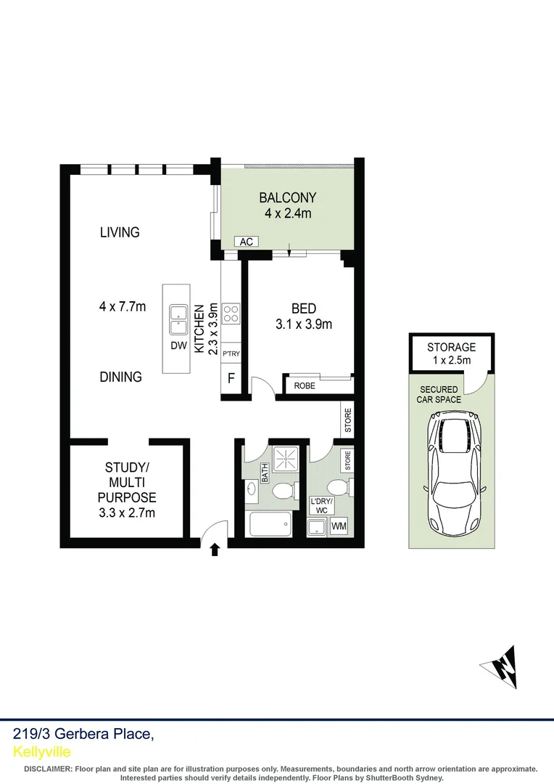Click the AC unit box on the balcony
(247, 242)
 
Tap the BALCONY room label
(288, 197)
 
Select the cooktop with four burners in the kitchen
(231, 313)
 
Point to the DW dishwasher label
(178, 346)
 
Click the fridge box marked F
(231, 378)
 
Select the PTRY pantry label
(231, 354)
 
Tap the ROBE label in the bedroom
(305, 386)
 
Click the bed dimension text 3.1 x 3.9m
(304, 324)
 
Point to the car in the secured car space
(451, 472)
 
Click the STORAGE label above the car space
(451, 348)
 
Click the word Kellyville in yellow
(42, 751)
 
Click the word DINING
(120, 377)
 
